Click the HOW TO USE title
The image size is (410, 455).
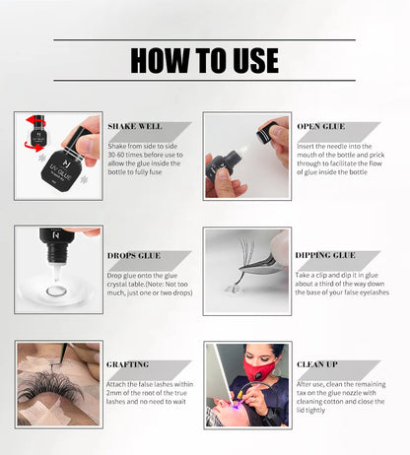205,60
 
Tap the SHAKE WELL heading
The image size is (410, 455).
134,126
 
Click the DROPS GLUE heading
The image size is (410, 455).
135,255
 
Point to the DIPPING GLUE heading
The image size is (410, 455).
326,255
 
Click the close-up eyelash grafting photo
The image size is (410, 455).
58,384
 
